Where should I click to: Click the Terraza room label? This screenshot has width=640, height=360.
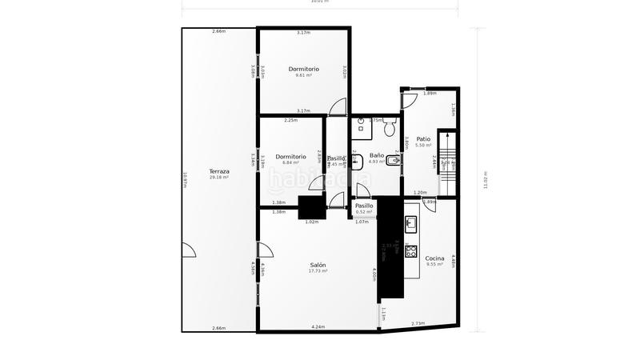pos(219,171)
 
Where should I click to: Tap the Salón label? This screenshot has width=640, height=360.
pos(318,265)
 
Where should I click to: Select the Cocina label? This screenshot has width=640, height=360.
pos(435,258)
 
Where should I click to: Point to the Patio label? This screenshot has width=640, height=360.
pos(423,139)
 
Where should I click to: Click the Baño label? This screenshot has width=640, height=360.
pos(376,155)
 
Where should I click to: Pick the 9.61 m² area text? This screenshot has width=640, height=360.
pos(304,75)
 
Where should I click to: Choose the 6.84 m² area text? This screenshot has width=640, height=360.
pos(290,162)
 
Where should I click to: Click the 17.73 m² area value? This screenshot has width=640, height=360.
pos(318,271)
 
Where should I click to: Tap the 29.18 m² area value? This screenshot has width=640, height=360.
pos(219,178)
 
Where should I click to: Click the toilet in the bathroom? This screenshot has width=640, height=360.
pos(390,127)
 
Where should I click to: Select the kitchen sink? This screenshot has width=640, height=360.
pos(411,222)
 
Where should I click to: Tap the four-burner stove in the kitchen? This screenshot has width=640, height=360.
pos(411,251)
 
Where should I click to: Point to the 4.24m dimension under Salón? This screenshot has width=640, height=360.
pos(318,327)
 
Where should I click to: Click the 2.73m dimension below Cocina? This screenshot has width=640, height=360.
pos(418,323)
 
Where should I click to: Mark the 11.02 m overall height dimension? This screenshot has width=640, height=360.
pos(486,180)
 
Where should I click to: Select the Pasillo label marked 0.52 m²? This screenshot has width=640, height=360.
pos(364,206)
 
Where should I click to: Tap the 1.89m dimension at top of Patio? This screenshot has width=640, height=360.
pos(430,94)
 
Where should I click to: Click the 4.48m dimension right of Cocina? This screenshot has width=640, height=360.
pos(454,260)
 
